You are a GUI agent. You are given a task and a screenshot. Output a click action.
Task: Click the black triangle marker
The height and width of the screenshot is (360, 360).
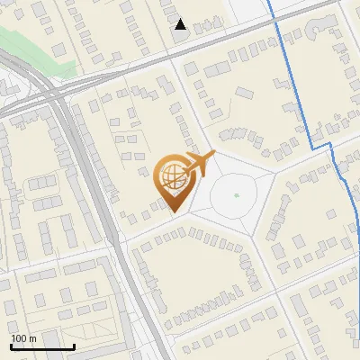tap(181, 24)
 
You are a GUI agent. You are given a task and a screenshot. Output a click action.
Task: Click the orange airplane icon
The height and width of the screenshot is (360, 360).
tap(198, 164)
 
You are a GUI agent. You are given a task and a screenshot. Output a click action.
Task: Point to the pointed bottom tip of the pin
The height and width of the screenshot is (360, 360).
tap(173, 212)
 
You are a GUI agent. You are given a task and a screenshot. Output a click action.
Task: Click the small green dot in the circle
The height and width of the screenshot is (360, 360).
tap(236, 194)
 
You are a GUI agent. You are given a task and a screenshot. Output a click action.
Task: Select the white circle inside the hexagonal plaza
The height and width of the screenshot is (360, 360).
tap(236, 194)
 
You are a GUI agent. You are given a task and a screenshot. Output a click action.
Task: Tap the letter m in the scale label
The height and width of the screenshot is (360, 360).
tap(33, 338)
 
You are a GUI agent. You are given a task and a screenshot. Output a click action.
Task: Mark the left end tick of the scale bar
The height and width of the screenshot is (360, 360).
tap(12, 346)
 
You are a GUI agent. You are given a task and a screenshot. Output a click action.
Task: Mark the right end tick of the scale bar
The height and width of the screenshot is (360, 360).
tap(74, 346)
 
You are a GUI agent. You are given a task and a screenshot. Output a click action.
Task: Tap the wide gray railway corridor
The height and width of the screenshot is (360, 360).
tap(99, 207)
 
